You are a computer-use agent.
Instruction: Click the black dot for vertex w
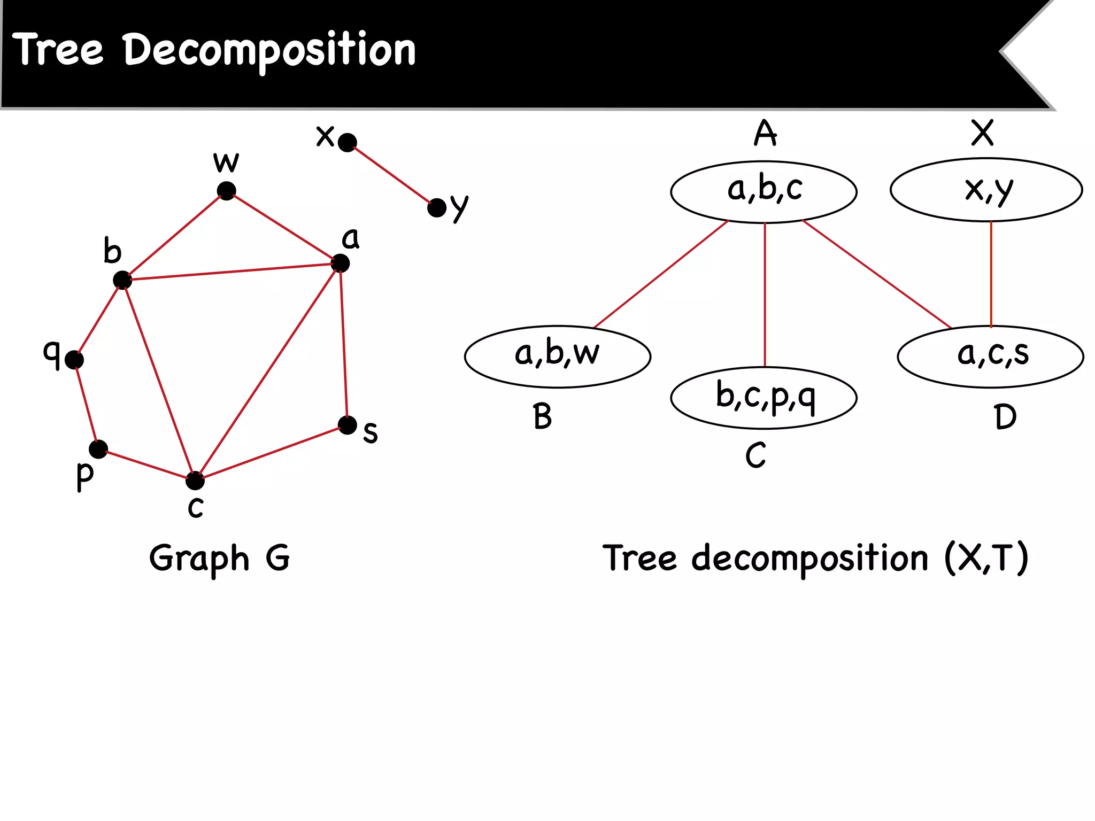point(227,191)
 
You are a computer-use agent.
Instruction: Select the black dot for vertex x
point(348,142)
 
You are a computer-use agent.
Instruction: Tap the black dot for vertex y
point(437,208)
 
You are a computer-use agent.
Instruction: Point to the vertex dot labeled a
point(341,263)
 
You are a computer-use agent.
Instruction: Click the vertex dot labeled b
point(122,280)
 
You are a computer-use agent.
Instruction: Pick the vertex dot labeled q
point(74,360)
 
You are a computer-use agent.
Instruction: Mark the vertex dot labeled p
point(98,449)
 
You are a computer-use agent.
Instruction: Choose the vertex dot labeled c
point(195,481)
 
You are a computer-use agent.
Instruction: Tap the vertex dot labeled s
point(348,425)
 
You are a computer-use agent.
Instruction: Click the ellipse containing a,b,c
point(764,191)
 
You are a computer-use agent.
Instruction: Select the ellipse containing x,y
point(986,190)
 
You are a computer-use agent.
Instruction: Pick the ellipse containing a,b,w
point(558,357)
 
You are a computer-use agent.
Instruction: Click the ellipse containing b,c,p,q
point(764,398)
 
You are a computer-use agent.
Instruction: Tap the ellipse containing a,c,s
point(990,357)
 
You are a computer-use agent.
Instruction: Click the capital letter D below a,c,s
point(1005,417)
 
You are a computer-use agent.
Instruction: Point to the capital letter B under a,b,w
point(542,417)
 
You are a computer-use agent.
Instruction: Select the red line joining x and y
point(392,175)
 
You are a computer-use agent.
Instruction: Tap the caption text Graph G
point(219,559)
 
